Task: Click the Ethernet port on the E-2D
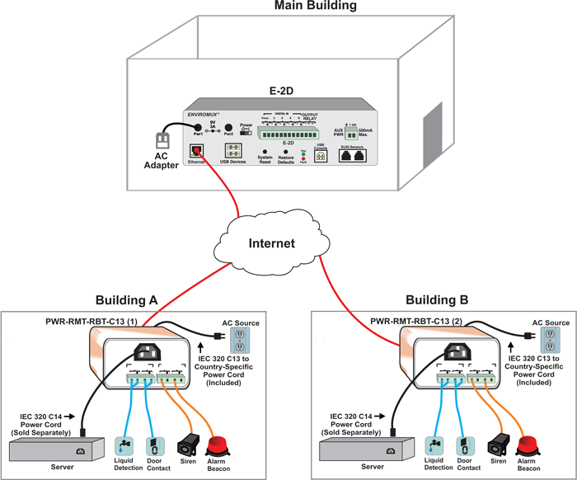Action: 196,150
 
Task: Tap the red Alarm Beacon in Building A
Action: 225,446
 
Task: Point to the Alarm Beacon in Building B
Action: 528,446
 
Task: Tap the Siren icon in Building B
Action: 497,445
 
